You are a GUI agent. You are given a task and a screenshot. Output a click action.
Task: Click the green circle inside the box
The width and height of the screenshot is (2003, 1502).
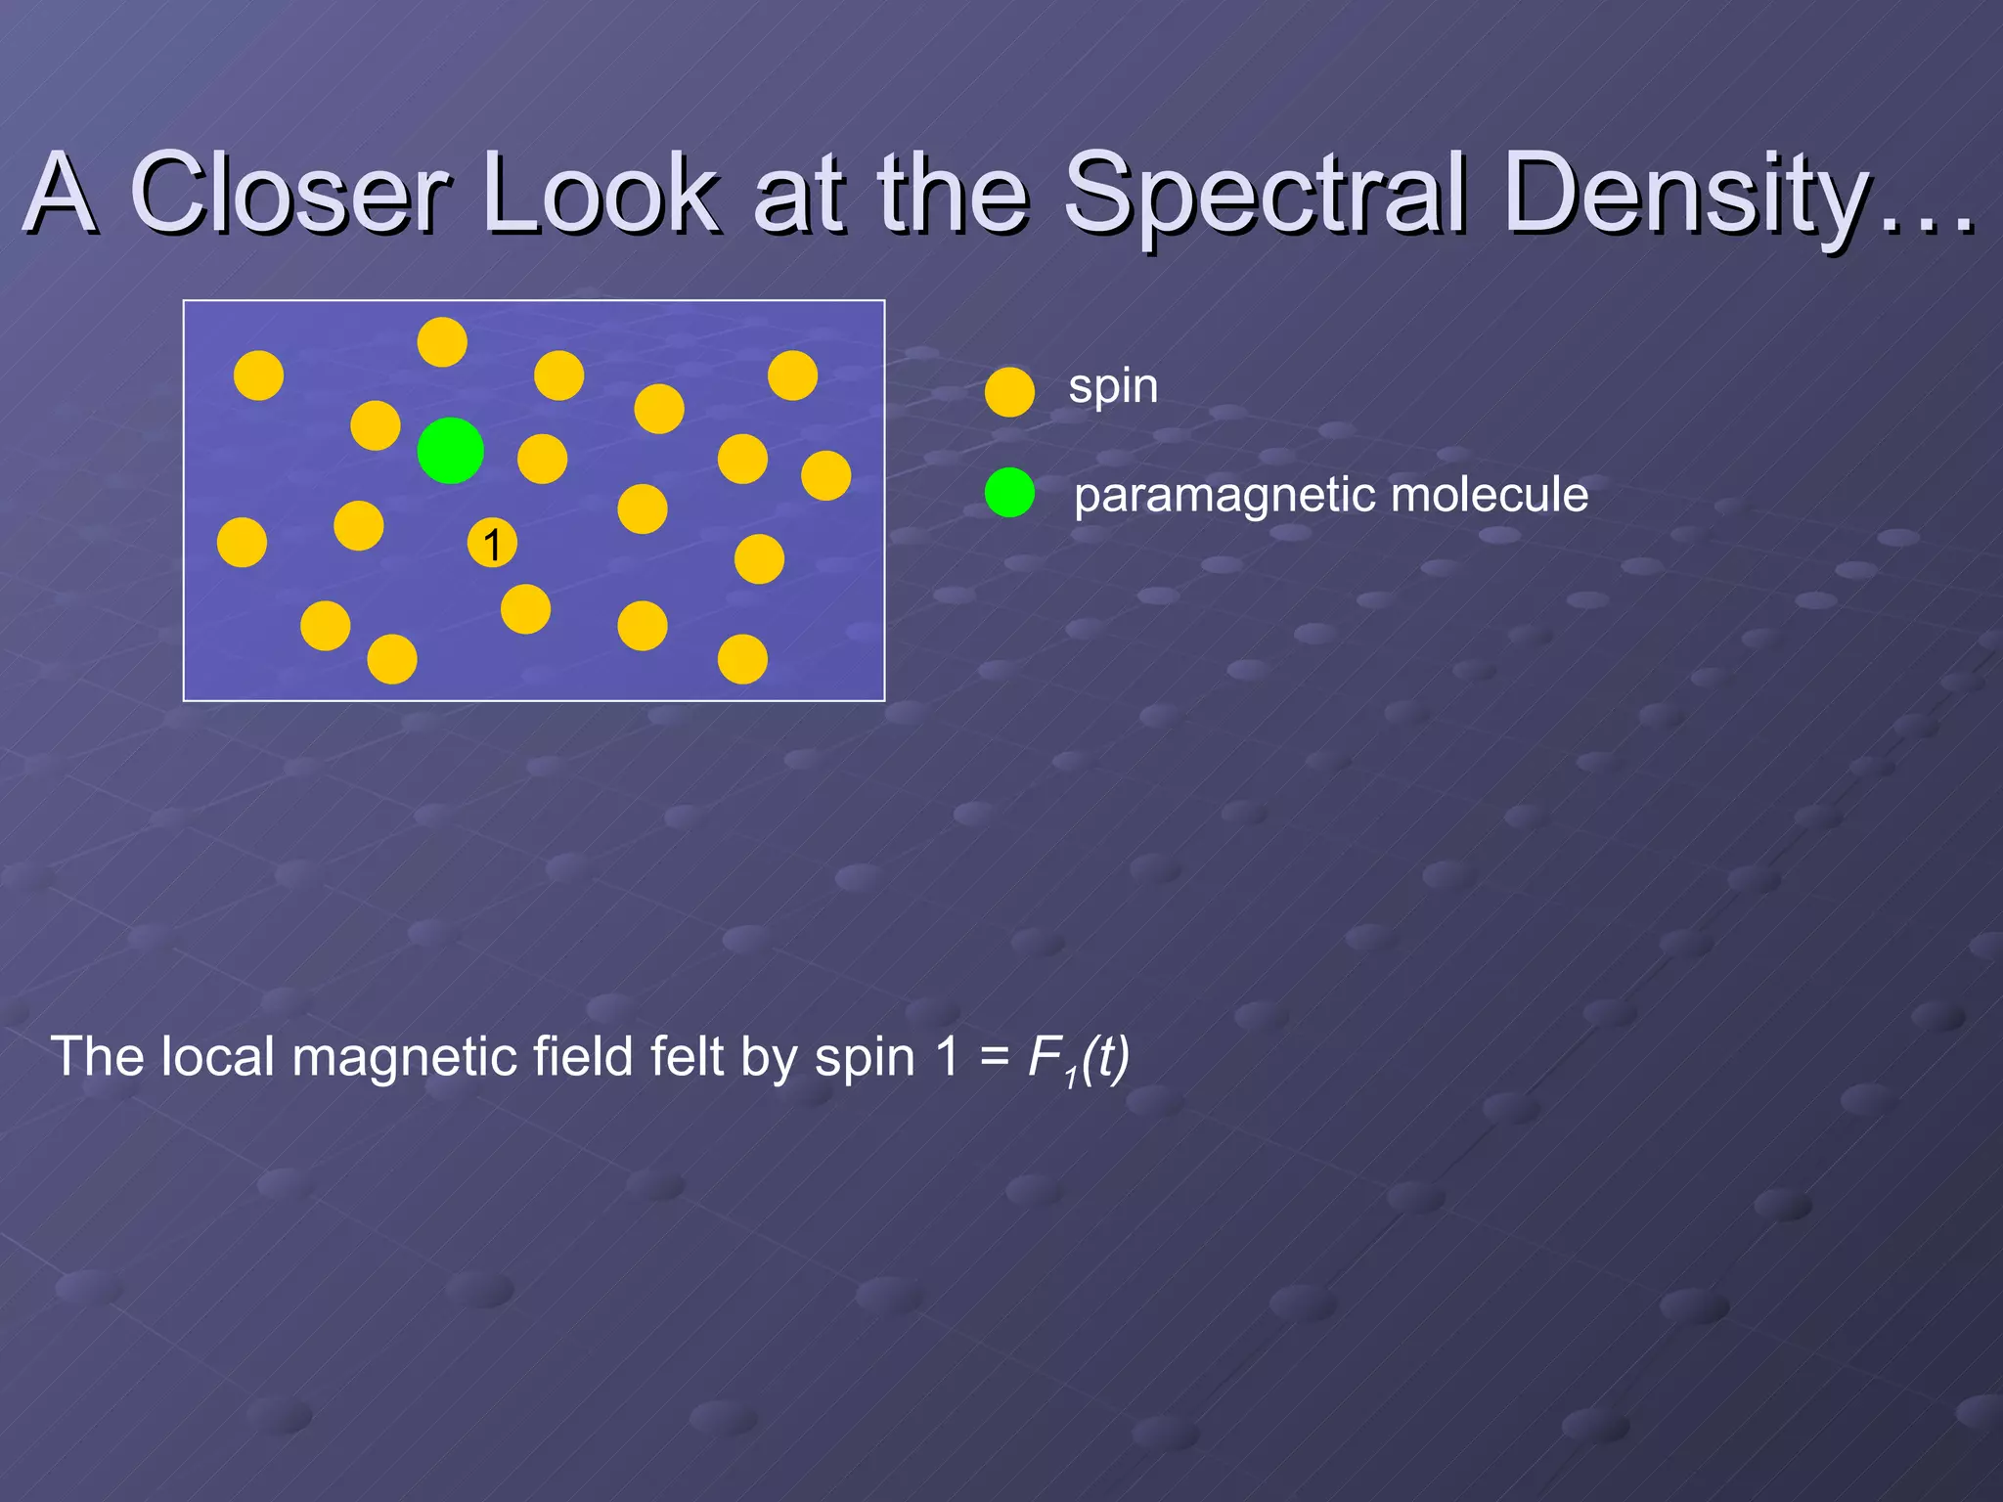click(x=450, y=450)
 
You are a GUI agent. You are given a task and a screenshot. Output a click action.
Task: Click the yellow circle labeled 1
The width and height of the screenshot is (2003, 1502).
click(x=492, y=544)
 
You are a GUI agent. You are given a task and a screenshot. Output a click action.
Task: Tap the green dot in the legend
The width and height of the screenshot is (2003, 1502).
click(x=1009, y=492)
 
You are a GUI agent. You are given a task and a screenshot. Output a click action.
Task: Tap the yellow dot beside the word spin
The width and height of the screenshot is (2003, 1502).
click(x=1009, y=392)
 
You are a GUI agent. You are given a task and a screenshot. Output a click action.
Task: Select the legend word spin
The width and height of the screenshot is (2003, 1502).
click(x=1113, y=387)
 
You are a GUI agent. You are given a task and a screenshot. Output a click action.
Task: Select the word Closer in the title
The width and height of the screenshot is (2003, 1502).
click(x=289, y=195)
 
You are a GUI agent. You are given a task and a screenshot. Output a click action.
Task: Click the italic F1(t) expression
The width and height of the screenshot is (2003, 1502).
click(x=1078, y=1058)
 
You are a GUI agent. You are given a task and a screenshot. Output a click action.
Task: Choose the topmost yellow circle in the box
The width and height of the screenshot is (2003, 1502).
click(x=442, y=342)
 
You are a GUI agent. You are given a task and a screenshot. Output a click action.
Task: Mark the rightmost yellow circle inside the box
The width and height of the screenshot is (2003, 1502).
click(x=825, y=475)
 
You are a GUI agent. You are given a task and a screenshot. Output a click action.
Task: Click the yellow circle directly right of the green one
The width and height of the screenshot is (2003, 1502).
click(x=542, y=459)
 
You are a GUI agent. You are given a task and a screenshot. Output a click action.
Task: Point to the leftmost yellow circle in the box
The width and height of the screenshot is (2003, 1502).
click(x=242, y=543)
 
